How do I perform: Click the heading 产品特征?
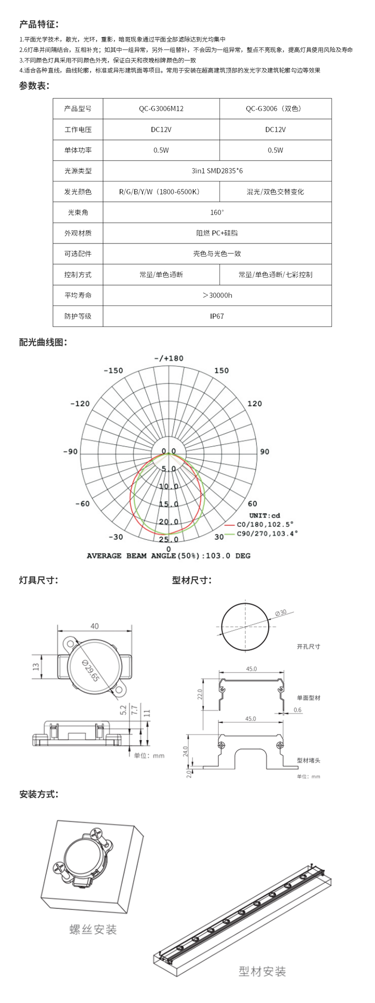[x=39, y=24]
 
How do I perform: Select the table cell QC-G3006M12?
[x=161, y=108]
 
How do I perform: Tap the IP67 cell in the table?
[x=217, y=316]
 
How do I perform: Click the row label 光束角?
[x=78, y=212]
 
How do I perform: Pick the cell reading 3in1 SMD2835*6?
[x=217, y=171]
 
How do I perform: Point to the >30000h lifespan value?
[x=217, y=295]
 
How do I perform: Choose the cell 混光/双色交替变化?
[x=275, y=191]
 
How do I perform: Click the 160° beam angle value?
[x=217, y=212]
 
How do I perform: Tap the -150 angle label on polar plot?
[x=113, y=370]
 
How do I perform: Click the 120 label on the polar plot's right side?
[x=254, y=403]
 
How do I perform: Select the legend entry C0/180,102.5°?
[x=265, y=524]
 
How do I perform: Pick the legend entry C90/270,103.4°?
[x=267, y=533]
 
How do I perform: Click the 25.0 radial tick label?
[x=168, y=539]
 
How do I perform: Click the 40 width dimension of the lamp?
[x=94, y=626]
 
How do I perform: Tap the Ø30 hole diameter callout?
[x=280, y=612]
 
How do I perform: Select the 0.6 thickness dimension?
[x=297, y=710]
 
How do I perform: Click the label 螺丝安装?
[x=93, y=929]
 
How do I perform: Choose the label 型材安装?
[x=262, y=971]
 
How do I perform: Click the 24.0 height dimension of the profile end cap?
[x=185, y=750]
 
